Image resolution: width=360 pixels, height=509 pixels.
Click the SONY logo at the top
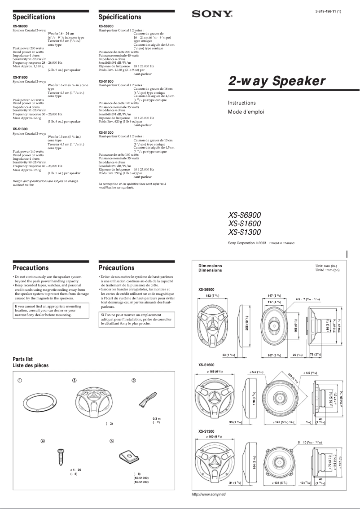coord(212,14)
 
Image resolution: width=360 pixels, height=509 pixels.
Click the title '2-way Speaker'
coord(277,81)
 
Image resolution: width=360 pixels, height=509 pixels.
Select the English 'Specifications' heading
coord(34,17)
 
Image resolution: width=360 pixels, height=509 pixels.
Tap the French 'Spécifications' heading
coord(119,17)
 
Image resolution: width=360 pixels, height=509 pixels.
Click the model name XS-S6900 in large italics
coord(244,215)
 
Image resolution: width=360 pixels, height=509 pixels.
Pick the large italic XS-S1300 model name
coord(244,232)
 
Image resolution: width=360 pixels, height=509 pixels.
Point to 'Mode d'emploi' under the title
coord(246,112)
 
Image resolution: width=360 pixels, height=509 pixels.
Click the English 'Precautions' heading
coord(31,268)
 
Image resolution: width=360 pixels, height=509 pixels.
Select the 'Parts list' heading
coord(23,359)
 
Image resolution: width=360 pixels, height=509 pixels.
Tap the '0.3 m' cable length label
coord(156,419)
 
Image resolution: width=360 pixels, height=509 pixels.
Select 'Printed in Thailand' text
coord(282,243)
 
